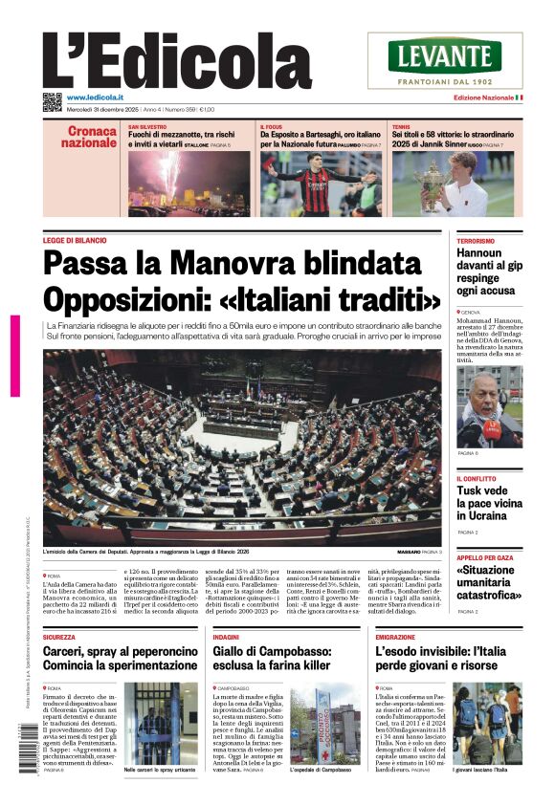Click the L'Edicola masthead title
[177, 61]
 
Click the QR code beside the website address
[52, 102]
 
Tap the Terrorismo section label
[476, 241]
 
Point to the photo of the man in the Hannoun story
[489, 406]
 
